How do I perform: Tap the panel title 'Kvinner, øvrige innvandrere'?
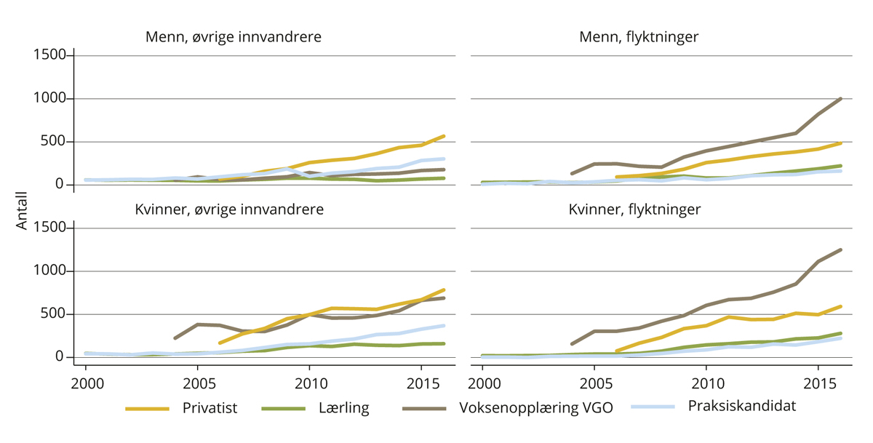pos(228,209)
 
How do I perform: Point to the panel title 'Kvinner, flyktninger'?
pos(634,209)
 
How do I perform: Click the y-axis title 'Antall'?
pos(21,211)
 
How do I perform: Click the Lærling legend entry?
pos(344,408)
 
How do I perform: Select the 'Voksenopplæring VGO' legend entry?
pos(535,408)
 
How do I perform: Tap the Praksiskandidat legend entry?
pos(741,406)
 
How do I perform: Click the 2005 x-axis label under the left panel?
pos(198,383)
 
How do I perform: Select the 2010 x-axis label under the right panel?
pos(706,383)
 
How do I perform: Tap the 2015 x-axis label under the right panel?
pos(819,383)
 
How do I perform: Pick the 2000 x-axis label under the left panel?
pos(86,383)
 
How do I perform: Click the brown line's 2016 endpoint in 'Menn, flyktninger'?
pos(841,99)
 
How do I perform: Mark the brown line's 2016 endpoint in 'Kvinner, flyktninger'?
pos(841,250)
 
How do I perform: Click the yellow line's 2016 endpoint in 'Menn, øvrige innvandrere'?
pos(444,136)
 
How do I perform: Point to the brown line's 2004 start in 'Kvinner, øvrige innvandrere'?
pos(175,338)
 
